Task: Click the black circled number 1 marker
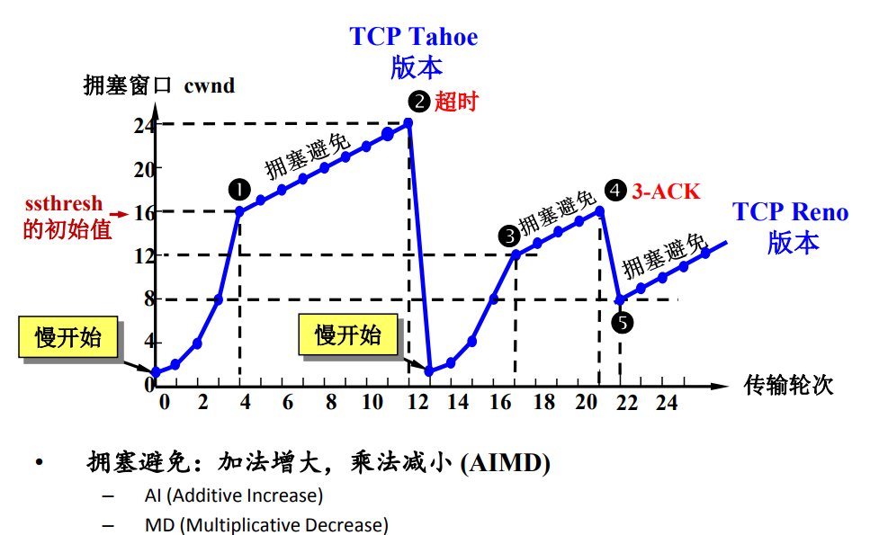pos(239,189)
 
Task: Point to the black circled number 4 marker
pos(615,191)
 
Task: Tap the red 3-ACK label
pos(665,192)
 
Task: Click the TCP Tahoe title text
pos(414,37)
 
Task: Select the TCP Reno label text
pos(791,212)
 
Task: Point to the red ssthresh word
pos(63,204)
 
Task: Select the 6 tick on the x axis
pos(288,403)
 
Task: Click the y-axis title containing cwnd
pos(158,86)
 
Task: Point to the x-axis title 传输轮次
pos(789,385)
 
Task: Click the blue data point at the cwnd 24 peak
pos(408,123)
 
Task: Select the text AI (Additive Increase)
pos(233,495)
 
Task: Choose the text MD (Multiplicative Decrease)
pos(266,524)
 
